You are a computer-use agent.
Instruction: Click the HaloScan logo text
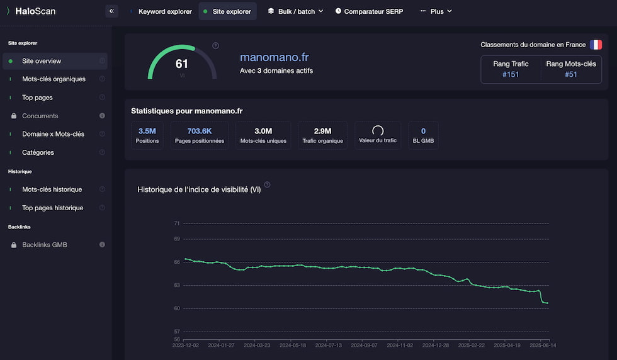(35, 11)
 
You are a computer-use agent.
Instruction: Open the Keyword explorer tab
(165, 11)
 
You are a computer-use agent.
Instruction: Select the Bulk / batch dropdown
(296, 11)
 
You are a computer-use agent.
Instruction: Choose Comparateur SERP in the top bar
(369, 11)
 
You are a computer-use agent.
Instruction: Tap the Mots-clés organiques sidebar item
(54, 79)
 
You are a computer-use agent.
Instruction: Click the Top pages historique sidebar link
(52, 208)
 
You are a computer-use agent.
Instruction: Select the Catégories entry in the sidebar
(38, 152)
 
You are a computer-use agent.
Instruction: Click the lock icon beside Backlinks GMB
(14, 245)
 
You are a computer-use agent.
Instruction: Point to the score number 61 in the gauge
(181, 64)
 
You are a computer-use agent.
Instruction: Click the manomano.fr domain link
(275, 57)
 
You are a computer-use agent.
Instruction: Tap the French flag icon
(596, 45)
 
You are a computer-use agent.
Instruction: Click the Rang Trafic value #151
(511, 74)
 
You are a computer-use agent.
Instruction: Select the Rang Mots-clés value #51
(571, 74)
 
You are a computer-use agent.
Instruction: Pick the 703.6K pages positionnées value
(200, 131)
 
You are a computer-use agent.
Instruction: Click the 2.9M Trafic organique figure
(322, 131)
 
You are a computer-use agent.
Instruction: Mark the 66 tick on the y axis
(177, 262)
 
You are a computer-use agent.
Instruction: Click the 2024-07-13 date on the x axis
(328, 346)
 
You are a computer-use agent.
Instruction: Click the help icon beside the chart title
(267, 184)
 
